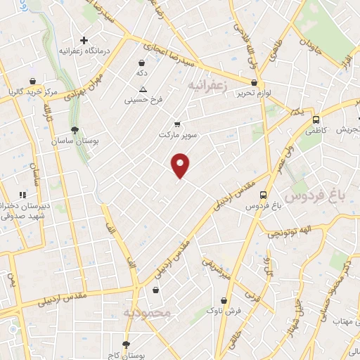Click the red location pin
pyautogui.click(x=181, y=165)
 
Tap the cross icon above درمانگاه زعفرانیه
pyautogui.click(x=84, y=40)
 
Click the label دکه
pyautogui.click(x=142, y=73)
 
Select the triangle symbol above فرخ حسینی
pyautogui.click(x=143, y=89)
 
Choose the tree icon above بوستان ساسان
pyautogui.click(x=75, y=129)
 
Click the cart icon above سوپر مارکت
pyautogui.click(x=177, y=124)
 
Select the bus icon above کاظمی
pyautogui.click(x=316, y=120)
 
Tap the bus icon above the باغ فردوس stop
pyautogui.click(x=263, y=195)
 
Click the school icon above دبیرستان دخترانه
pyautogui.click(x=22, y=195)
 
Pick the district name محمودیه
pyautogui.click(x=147, y=312)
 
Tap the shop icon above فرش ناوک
pyautogui.click(x=224, y=300)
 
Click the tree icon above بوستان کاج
pyautogui.click(x=126, y=345)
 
